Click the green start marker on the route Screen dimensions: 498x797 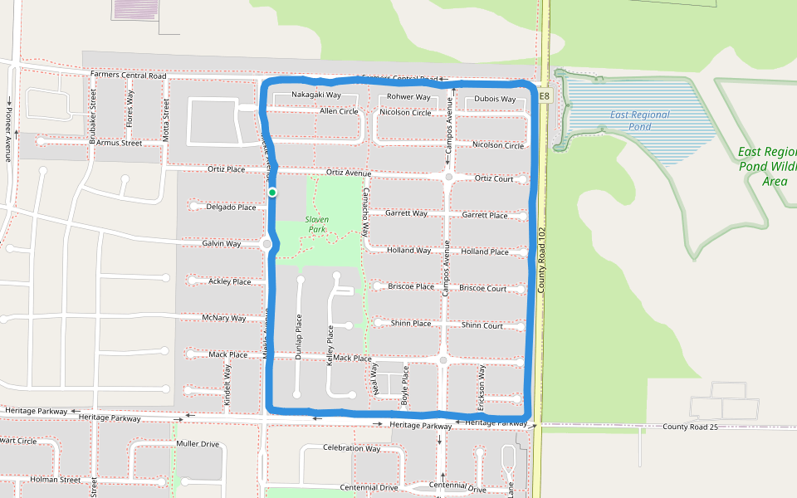(x=272, y=193)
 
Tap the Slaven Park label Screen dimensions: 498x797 (x=316, y=224)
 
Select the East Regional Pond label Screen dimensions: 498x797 (x=639, y=120)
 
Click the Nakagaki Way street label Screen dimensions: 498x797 (x=316, y=95)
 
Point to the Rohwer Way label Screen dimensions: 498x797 (x=408, y=97)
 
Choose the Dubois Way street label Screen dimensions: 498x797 (x=495, y=100)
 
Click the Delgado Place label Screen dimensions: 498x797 (x=231, y=207)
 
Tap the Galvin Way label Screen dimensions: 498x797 (x=222, y=244)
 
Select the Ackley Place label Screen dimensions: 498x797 (x=230, y=282)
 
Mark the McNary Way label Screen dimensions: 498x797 (x=224, y=318)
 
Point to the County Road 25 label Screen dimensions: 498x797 (x=690, y=427)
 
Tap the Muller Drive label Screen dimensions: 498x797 (x=198, y=444)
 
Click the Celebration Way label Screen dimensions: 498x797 (x=351, y=448)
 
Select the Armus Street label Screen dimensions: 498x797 (x=119, y=143)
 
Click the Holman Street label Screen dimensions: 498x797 (x=55, y=480)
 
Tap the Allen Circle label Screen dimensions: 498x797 (x=339, y=111)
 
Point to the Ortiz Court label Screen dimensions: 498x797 (x=494, y=178)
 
